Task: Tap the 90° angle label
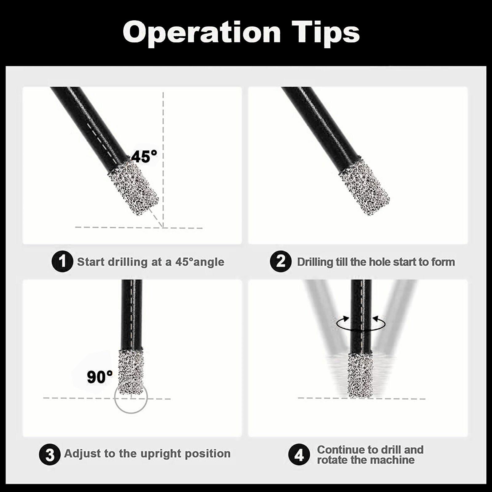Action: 100,377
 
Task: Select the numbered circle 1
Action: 62,262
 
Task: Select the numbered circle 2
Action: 280,262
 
